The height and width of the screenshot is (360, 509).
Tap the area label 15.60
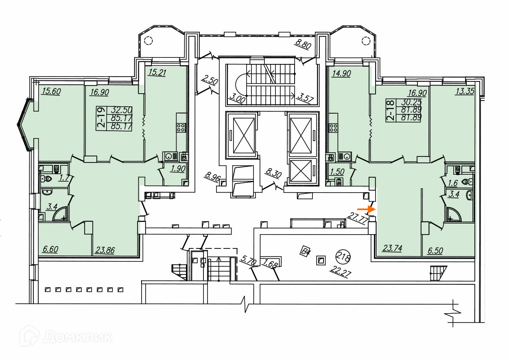click(51, 92)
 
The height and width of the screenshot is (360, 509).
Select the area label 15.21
click(157, 72)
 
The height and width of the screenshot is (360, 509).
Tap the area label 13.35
click(465, 91)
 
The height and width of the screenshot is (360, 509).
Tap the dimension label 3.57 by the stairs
click(306, 98)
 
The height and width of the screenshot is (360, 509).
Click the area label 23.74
click(392, 248)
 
